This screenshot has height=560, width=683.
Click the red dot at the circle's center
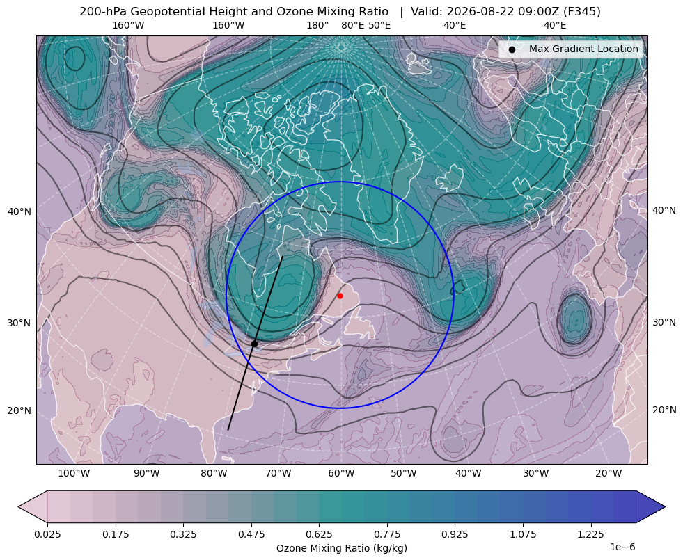click(340, 296)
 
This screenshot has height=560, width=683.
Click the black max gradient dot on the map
click(254, 344)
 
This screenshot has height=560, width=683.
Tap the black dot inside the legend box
click(512, 49)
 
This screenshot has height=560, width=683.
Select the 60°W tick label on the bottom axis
click(341, 473)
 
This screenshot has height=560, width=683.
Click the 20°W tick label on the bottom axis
click(609, 473)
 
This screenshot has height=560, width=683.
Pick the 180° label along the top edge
click(317, 25)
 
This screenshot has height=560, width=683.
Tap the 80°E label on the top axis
click(352, 25)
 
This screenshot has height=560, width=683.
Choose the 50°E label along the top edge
click(379, 25)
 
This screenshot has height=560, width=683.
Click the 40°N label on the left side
click(19, 211)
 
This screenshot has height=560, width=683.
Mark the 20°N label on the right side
click(664, 410)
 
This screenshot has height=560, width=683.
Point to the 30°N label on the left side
click(19, 323)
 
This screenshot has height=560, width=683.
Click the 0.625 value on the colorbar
click(319, 534)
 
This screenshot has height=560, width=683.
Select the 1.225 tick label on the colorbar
click(590, 534)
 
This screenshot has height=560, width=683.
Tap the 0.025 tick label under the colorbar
click(47, 534)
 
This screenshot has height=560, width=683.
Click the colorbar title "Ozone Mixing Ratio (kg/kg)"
click(341, 547)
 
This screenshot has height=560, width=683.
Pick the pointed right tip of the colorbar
click(665, 506)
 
